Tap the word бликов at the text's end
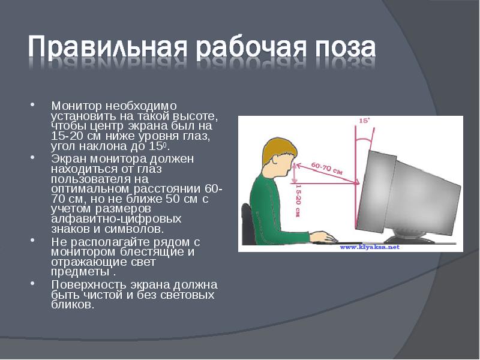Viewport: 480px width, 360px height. click(x=72, y=304)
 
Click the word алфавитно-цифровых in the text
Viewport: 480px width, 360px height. click(x=98, y=218)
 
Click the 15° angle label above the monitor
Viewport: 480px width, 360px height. click(x=364, y=121)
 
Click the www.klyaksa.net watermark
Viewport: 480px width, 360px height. click(x=370, y=247)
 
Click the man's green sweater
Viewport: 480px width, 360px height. click(x=270, y=210)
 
